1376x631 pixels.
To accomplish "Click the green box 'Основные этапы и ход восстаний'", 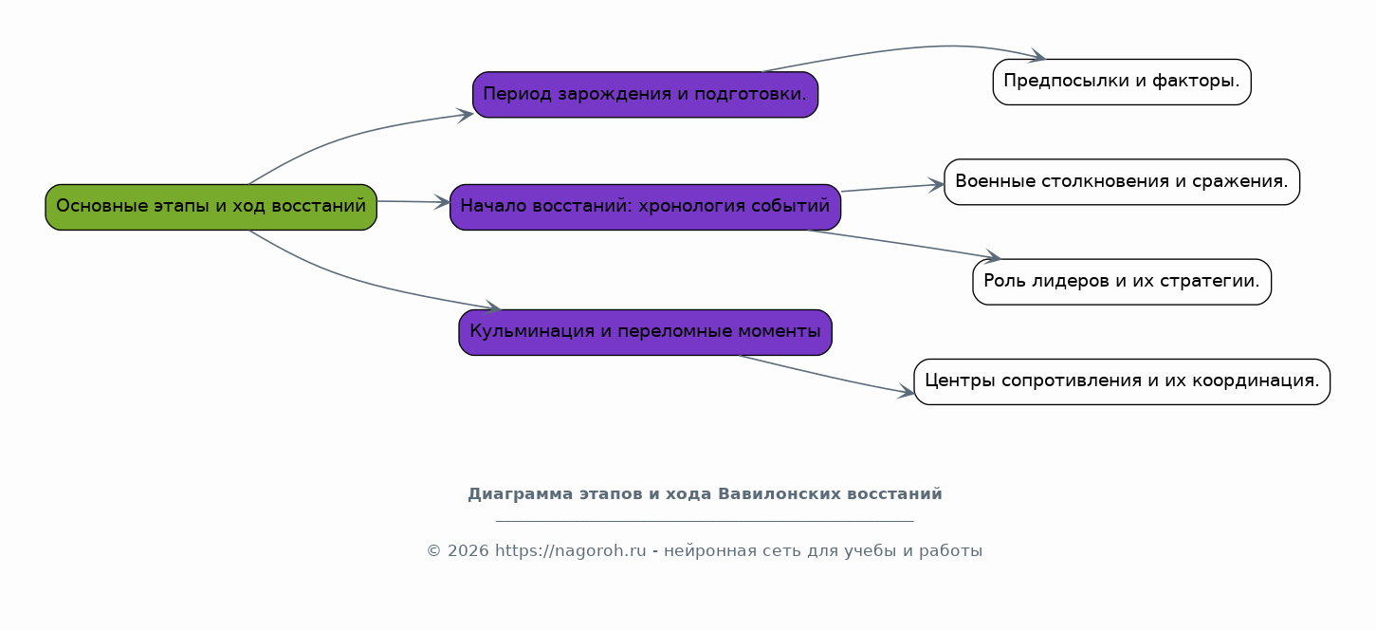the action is (211, 207).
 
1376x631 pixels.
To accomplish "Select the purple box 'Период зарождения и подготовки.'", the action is (645, 95).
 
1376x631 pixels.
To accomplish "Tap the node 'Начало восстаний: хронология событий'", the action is (645, 207).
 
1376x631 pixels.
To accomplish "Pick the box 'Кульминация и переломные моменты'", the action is (645, 332).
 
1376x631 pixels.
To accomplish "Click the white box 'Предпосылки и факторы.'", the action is (1122, 82).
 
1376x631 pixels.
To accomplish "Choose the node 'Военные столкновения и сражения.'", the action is (1122, 182).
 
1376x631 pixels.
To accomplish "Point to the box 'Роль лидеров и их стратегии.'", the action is (1122, 282).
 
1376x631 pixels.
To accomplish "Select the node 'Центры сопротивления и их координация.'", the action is (1122, 381).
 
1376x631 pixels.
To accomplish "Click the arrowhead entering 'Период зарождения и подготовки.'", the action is (466, 115).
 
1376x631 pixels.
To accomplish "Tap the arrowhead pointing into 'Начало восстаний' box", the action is (443, 202).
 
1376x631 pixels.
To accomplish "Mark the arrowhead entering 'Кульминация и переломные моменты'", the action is (493, 306).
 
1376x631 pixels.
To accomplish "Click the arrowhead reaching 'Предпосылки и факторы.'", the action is (1037, 56).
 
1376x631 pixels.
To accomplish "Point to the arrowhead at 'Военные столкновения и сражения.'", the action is (936, 184).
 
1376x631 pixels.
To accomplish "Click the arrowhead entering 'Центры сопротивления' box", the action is (906, 391).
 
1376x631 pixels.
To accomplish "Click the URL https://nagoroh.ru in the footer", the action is (570, 550).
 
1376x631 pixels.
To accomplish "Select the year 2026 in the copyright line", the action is (468, 550).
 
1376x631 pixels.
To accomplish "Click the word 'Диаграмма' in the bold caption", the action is (521, 494).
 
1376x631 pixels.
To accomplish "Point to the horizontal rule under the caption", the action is (705, 521).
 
